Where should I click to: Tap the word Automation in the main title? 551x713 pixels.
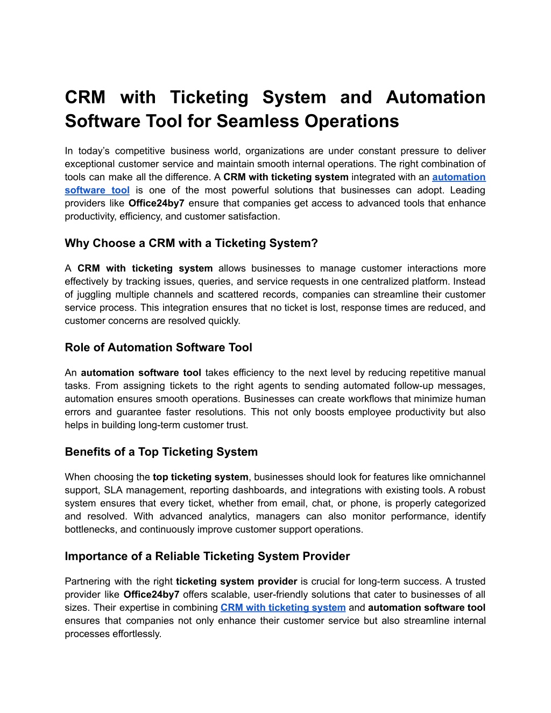[435, 97]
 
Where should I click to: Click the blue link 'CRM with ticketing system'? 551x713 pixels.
[283, 608]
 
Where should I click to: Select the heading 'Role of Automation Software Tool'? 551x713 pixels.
[158, 348]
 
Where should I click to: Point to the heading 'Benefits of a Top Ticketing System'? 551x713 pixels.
[161, 452]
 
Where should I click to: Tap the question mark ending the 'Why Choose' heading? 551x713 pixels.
[315, 243]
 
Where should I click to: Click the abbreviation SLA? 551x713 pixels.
[113, 490]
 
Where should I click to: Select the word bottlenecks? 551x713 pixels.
[91, 530]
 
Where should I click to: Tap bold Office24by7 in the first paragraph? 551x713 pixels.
[157, 203]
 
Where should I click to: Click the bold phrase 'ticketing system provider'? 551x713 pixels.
[236, 582]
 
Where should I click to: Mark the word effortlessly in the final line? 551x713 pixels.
[137, 634]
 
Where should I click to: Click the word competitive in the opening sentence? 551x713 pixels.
[143, 151]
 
